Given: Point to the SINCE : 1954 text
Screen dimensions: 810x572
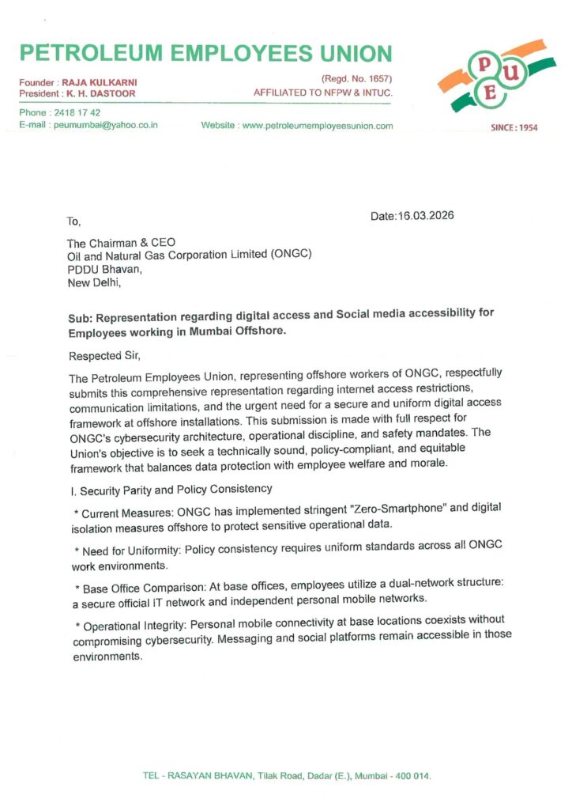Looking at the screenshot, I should [x=514, y=127].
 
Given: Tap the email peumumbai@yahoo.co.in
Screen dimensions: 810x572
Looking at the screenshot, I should [x=106, y=125].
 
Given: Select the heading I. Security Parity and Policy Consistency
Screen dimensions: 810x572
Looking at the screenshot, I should [x=171, y=489].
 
